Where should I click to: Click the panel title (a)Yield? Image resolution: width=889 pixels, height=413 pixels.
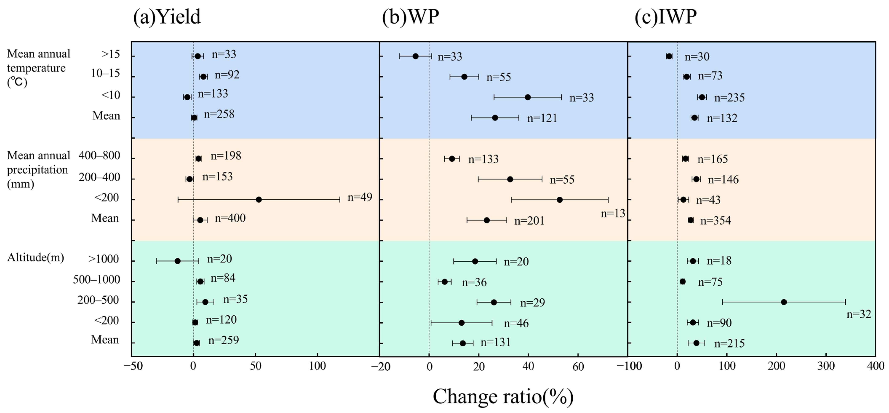[167, 17]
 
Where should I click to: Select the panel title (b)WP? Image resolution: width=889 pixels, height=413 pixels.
[410, 17]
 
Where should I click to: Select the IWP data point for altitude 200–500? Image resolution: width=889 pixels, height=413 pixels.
[784, 302]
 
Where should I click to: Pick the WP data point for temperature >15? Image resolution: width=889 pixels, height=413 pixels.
[416, 56]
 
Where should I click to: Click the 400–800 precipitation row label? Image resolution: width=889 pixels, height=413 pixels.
[99, 156]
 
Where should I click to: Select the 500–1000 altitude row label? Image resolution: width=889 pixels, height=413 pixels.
[96, 280]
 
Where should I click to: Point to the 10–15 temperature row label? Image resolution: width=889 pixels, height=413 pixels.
[105, 74]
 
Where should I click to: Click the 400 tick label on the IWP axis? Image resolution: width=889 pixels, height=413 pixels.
[875, 366]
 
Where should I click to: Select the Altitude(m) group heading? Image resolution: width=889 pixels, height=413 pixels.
[36, 258]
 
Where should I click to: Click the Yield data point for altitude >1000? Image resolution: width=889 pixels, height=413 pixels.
[177, 261]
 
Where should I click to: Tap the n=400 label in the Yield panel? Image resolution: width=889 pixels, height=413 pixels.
[230, 218]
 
